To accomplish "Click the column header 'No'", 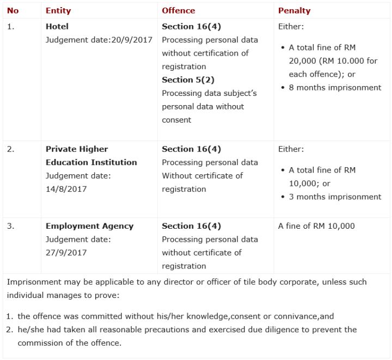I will [x=13, y=10].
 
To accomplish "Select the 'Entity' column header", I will [x=58, y=10].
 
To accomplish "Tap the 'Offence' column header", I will [x=178, y=10].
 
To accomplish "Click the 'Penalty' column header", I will [x=294, y=10].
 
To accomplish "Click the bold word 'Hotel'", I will [x=57, y=26].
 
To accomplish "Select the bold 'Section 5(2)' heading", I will [x=188, y=80].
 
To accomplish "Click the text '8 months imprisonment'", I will [x=335, y=87].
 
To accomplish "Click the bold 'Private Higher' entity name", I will [x=77, y=149].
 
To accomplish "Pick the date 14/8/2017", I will [x=66, y=189].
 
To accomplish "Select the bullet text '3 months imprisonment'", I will [x=335, y=197].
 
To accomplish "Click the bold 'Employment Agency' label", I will [x=89, y=226].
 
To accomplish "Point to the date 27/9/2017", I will [x=66, y=253].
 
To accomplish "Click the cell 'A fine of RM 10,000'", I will [x=316, y=226].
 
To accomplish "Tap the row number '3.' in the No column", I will [x=10, y=226].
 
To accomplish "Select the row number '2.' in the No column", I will [x=10, y=149].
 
